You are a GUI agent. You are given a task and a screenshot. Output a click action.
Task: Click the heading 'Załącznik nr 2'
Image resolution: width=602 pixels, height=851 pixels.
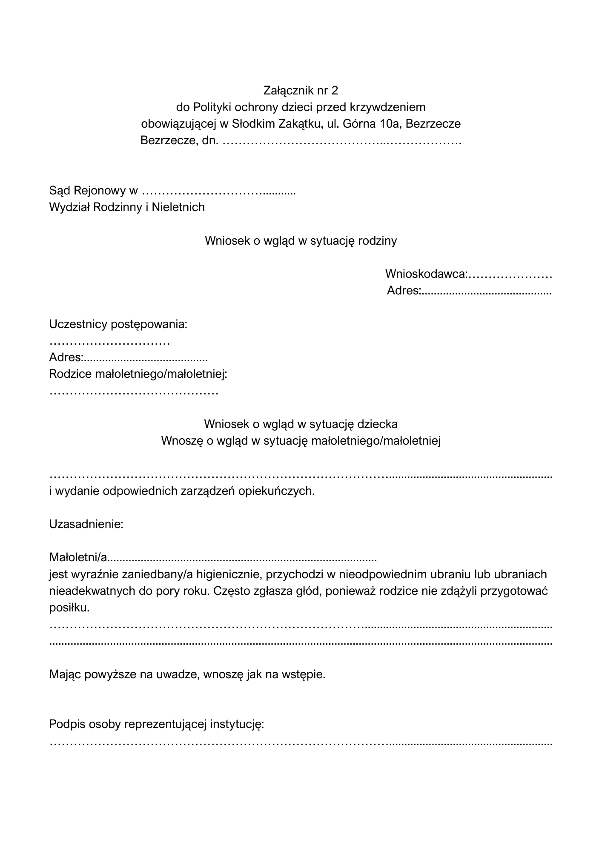pyautogui.click(x=301, y=90)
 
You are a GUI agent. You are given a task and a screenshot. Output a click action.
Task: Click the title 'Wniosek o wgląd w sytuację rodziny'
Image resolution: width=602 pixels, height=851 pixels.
pyautogui.click(x=301, y=241)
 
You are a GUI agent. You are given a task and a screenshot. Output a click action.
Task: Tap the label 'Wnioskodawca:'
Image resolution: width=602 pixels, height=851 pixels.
pyautogui.click(x=426, y=274)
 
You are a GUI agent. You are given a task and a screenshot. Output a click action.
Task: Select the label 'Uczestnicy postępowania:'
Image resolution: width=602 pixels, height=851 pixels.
pyautogui.click(x=118, y=324)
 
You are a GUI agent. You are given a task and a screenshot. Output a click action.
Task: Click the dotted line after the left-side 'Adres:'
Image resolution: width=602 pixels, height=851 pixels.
pyautogui.click(x=145, y=359)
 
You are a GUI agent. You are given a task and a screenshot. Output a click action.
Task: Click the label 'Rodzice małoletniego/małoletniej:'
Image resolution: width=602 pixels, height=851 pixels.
pyautogui.click(x=138, y=374)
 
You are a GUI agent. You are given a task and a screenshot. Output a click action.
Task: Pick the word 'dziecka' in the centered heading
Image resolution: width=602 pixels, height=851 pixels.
pyautogui.click(x=378, y=424)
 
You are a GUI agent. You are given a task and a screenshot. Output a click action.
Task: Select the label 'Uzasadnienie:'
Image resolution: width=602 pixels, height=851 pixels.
pyautogui.click(x=86, y=524)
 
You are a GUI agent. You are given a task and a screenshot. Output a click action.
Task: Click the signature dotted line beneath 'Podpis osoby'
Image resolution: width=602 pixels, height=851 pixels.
pyautogui.click(x=301, y=745)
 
